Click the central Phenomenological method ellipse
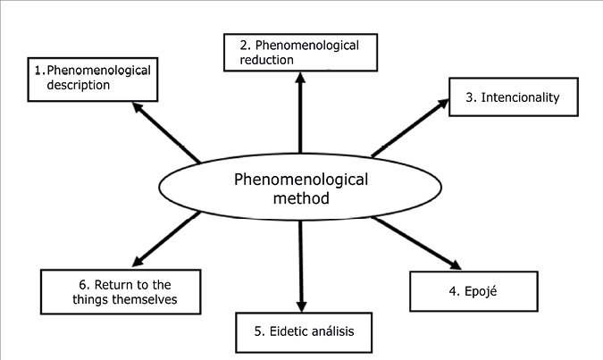300,188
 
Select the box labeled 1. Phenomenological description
91,78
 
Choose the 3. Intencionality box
504,97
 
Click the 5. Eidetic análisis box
303,331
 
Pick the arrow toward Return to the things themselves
168,239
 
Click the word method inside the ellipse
300,197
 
